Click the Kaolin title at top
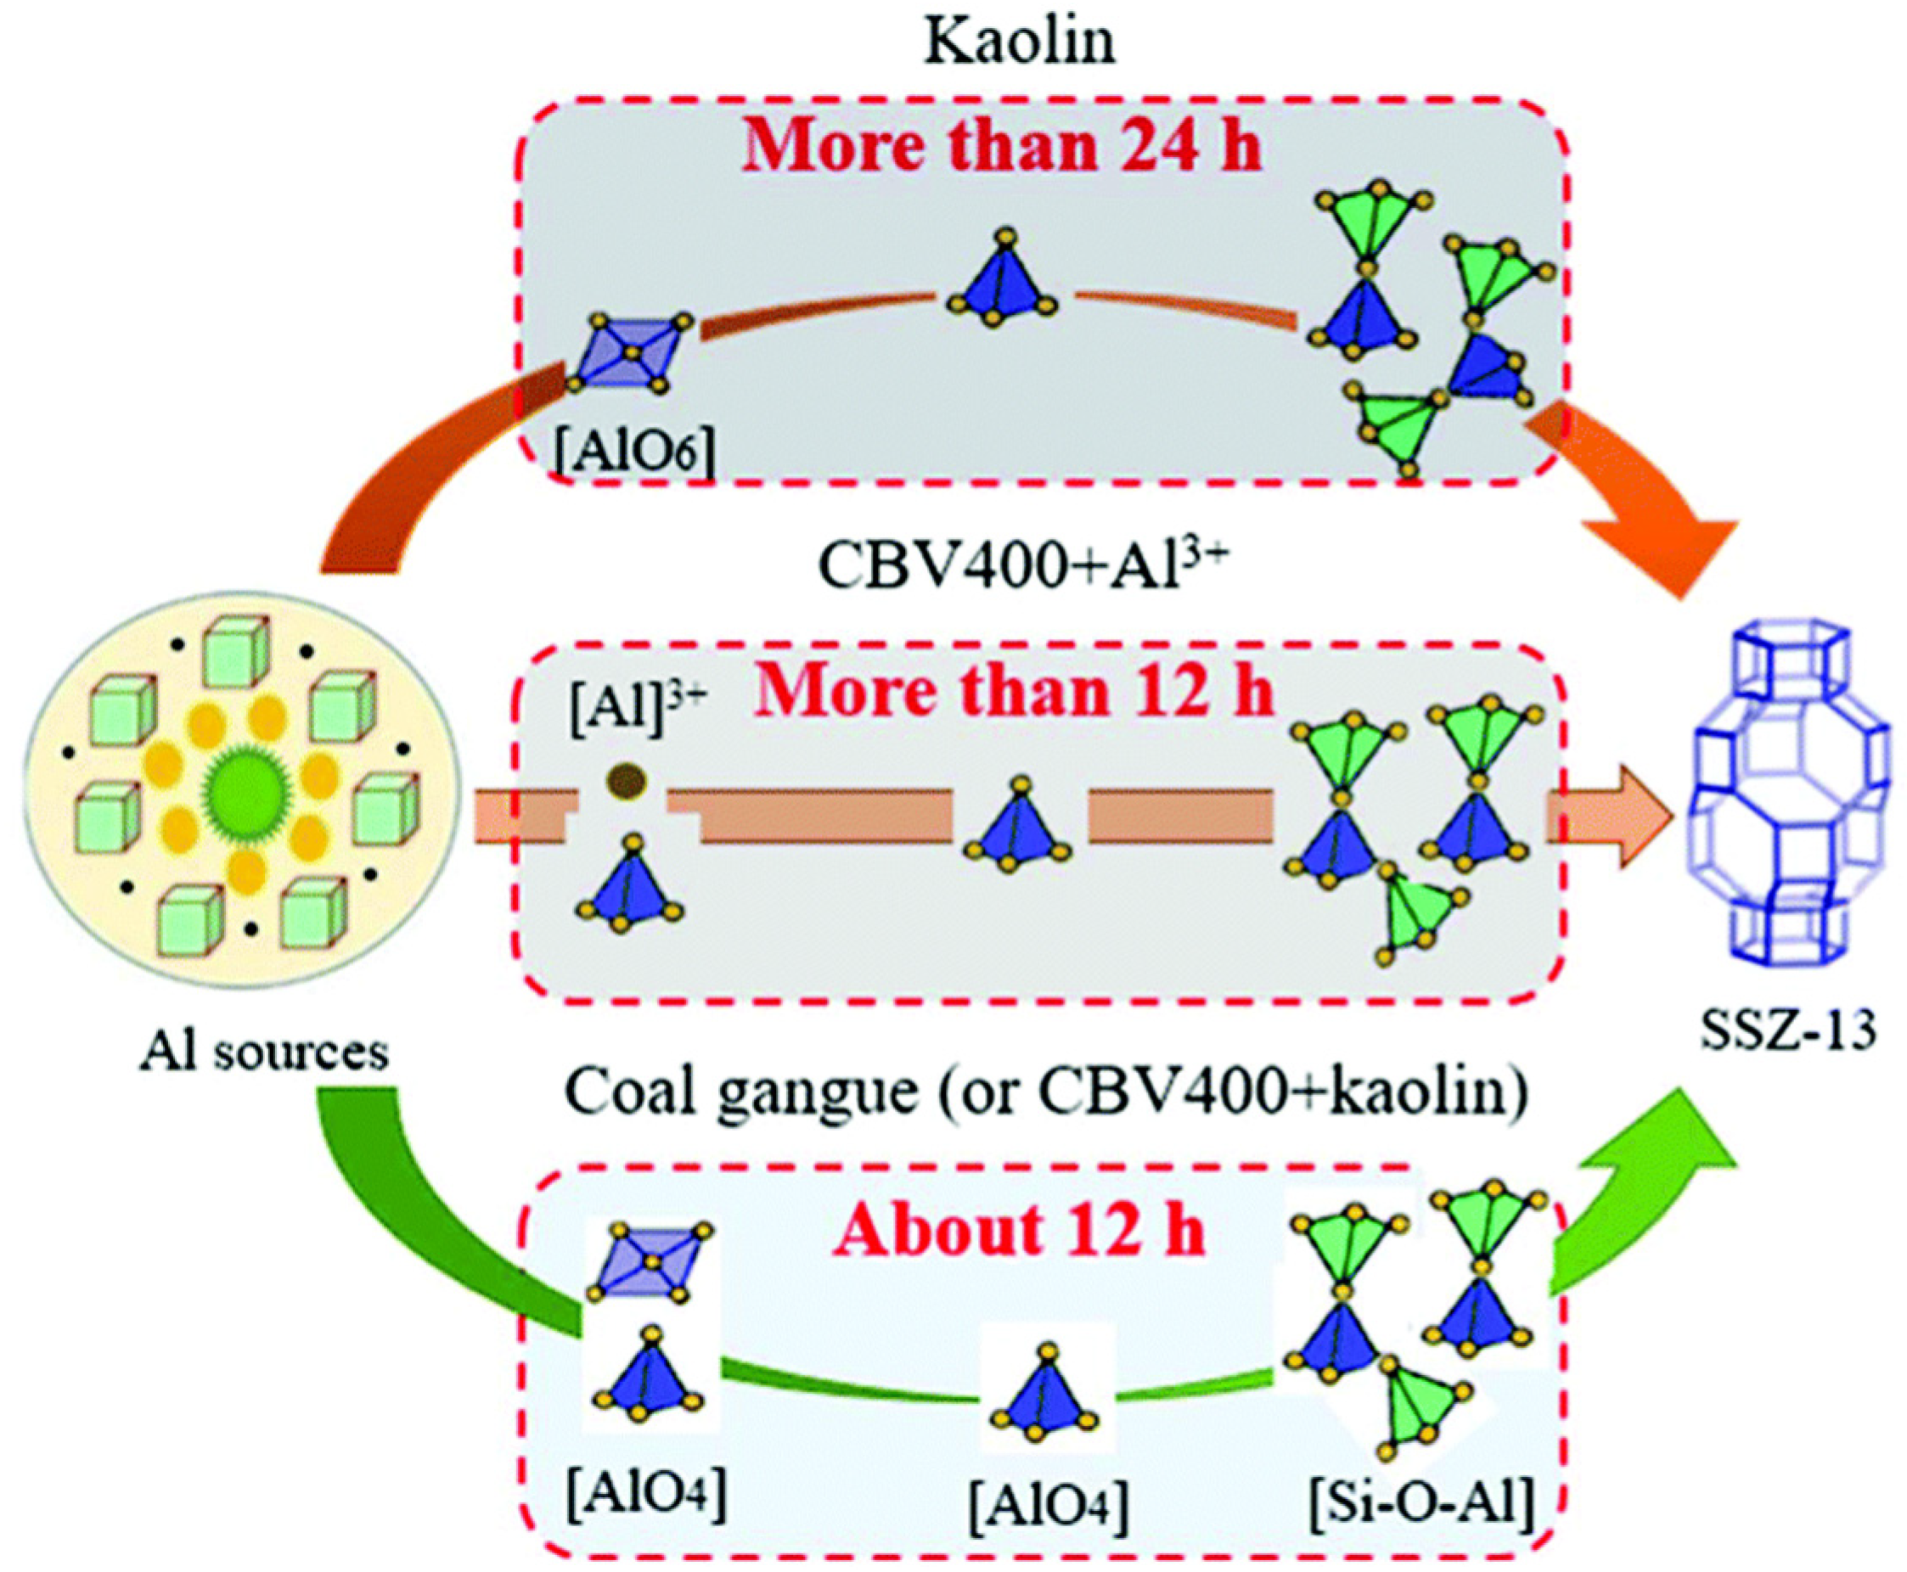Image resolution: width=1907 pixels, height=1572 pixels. click(x=1019, y=42)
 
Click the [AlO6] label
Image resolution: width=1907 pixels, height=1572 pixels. click(x=635, y=452)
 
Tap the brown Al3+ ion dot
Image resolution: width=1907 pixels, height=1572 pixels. click(x=626, y=780)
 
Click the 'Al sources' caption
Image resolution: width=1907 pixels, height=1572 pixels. click(x=263, y=1052)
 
